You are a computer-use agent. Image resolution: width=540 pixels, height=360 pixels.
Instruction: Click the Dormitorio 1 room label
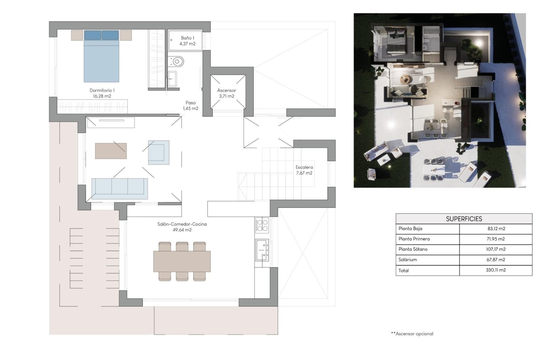(102, 93)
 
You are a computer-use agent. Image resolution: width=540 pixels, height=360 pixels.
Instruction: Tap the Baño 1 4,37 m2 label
(187, 41)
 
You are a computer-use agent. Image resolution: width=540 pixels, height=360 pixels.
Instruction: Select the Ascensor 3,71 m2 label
(226, 93)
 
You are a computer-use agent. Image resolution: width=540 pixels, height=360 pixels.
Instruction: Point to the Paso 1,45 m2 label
(190, 105)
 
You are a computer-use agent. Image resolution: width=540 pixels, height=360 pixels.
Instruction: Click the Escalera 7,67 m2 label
(304, 170)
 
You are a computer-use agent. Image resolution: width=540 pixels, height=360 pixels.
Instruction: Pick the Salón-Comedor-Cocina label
(182, 227)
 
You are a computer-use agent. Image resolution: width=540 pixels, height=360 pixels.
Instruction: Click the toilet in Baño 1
(176, 61)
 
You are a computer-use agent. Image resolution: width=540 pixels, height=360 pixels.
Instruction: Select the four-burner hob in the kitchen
(262, 225)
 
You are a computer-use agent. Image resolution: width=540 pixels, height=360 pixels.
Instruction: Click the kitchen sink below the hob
(262, 249)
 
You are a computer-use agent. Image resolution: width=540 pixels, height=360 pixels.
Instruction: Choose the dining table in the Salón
(182, 262)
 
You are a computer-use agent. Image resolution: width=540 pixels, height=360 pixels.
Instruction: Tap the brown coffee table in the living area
(111, 151)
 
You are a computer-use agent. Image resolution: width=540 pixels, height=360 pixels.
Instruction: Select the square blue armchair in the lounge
(159, 152)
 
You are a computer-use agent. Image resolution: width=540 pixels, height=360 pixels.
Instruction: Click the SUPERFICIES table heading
(464, 219)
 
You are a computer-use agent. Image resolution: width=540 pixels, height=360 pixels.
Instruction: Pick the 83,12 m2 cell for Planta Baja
(496, 229)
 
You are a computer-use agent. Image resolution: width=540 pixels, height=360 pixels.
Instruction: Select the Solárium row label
(408, 260)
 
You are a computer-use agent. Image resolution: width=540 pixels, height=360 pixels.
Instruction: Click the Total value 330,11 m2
(496, 270)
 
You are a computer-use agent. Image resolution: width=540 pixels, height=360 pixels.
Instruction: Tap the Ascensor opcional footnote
(412, 334)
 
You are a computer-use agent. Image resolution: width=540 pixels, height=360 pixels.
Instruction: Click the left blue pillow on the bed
(93, 35)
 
